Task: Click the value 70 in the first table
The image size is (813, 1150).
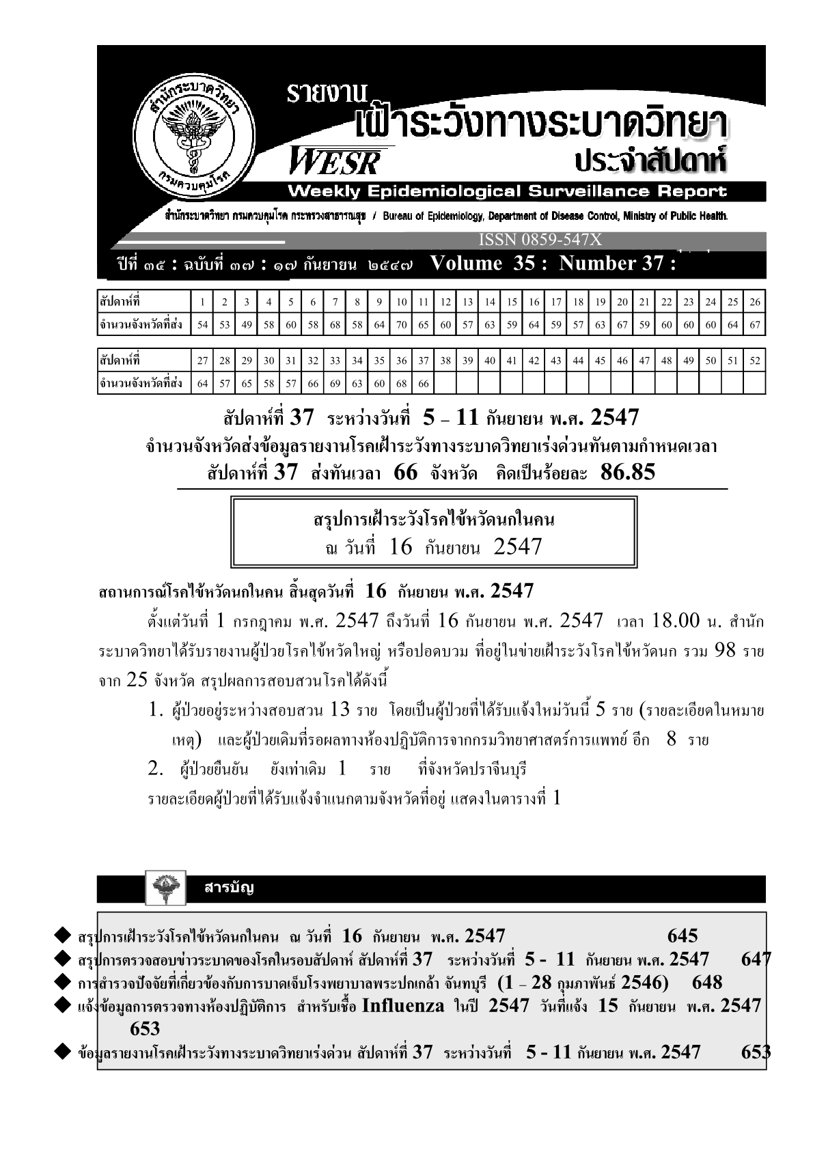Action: [x=402, y=325]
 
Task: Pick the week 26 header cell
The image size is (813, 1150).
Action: [x=754, y=302]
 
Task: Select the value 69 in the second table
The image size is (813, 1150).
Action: [x=335, y=384]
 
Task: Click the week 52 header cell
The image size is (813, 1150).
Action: [x=754, y=361]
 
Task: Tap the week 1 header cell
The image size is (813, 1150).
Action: [x=202, y=302]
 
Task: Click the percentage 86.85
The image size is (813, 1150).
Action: [x=628, y=473]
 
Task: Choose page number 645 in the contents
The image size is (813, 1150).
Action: [x=682, y=936]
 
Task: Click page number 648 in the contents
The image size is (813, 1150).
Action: [x=706, y=983]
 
